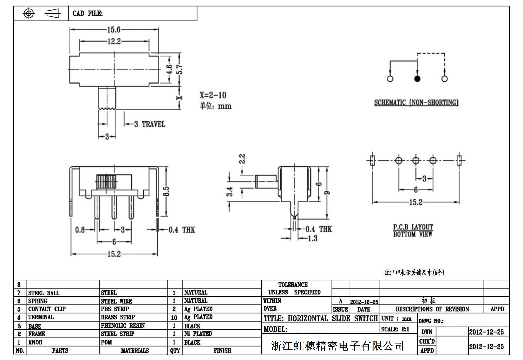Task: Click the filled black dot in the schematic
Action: (x=417, y=79)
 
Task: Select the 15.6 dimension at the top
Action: (x=114, y=29)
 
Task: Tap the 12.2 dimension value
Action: (x=114, y=41)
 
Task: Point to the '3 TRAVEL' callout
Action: (x=150, y=124)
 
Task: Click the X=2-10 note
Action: (x=213, y=95)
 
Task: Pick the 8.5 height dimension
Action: (x=166, y=191)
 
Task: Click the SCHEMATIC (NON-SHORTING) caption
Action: (x=416, y=102)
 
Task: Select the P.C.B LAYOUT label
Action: (x=413, y=227)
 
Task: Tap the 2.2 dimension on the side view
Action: (x=242, y=159)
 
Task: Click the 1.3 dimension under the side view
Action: (x=312, y=239)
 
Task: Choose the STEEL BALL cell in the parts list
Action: (x=44, y=293)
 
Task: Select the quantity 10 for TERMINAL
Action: (x=174, y=318)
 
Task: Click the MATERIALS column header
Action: (x=135, y=351)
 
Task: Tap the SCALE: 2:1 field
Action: (x=395, y=329)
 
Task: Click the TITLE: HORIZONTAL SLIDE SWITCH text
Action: (x=321, y=319)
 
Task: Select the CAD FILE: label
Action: (x=88, y=14)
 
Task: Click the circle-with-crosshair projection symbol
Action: (x=29, y=13)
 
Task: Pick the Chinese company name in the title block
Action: (x=337, y=346)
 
